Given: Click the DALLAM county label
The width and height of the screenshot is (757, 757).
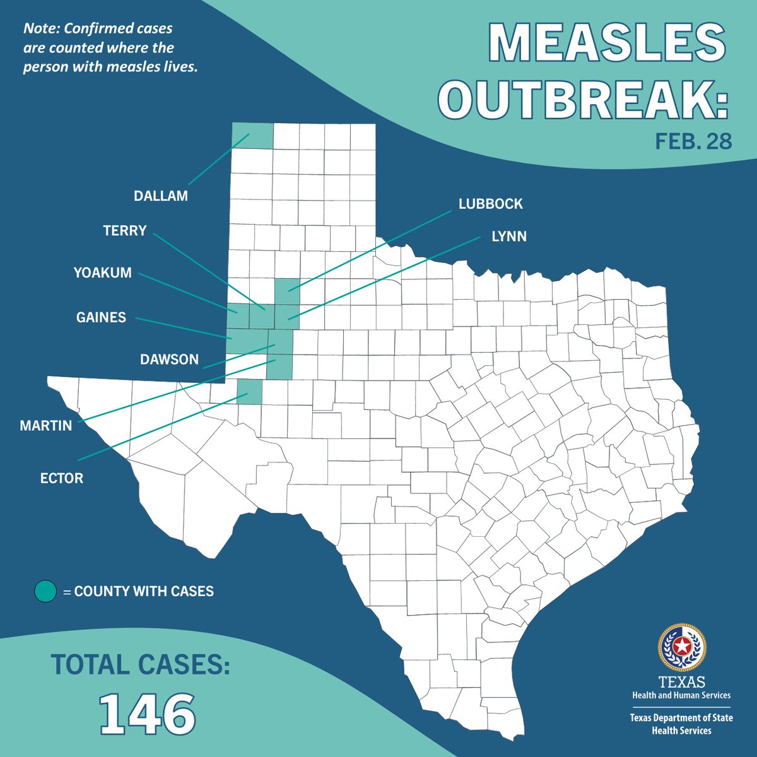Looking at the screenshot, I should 160,196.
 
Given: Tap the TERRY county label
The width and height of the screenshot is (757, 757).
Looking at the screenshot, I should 125,230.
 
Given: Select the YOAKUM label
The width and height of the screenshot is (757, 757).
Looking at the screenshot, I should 103,273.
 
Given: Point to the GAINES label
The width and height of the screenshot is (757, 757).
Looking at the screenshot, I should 101,317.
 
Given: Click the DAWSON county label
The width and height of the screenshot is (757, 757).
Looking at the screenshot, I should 169,360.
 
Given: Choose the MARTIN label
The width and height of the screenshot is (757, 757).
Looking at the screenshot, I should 46,426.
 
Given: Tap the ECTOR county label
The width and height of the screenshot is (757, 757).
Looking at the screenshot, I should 62,478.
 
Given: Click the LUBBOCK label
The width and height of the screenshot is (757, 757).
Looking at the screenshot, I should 491,204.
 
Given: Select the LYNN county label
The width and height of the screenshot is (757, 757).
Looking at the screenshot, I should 508,237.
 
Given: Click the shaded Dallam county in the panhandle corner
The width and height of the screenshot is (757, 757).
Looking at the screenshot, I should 252,136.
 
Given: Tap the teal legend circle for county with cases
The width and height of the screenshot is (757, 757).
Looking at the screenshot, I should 45,591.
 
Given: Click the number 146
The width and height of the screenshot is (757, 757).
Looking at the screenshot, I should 148,713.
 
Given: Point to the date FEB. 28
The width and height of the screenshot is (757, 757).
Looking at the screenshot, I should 693,141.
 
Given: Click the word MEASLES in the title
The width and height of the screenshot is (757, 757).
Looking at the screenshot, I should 607,45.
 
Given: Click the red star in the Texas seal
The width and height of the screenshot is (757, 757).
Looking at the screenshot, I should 681,647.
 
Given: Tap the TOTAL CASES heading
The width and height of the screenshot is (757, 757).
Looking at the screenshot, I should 140,664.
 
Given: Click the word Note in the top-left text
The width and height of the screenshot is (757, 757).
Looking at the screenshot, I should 40,29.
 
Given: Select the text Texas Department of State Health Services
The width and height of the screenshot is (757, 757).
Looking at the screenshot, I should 681,724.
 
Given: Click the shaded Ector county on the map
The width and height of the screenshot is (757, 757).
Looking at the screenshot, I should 249,391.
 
